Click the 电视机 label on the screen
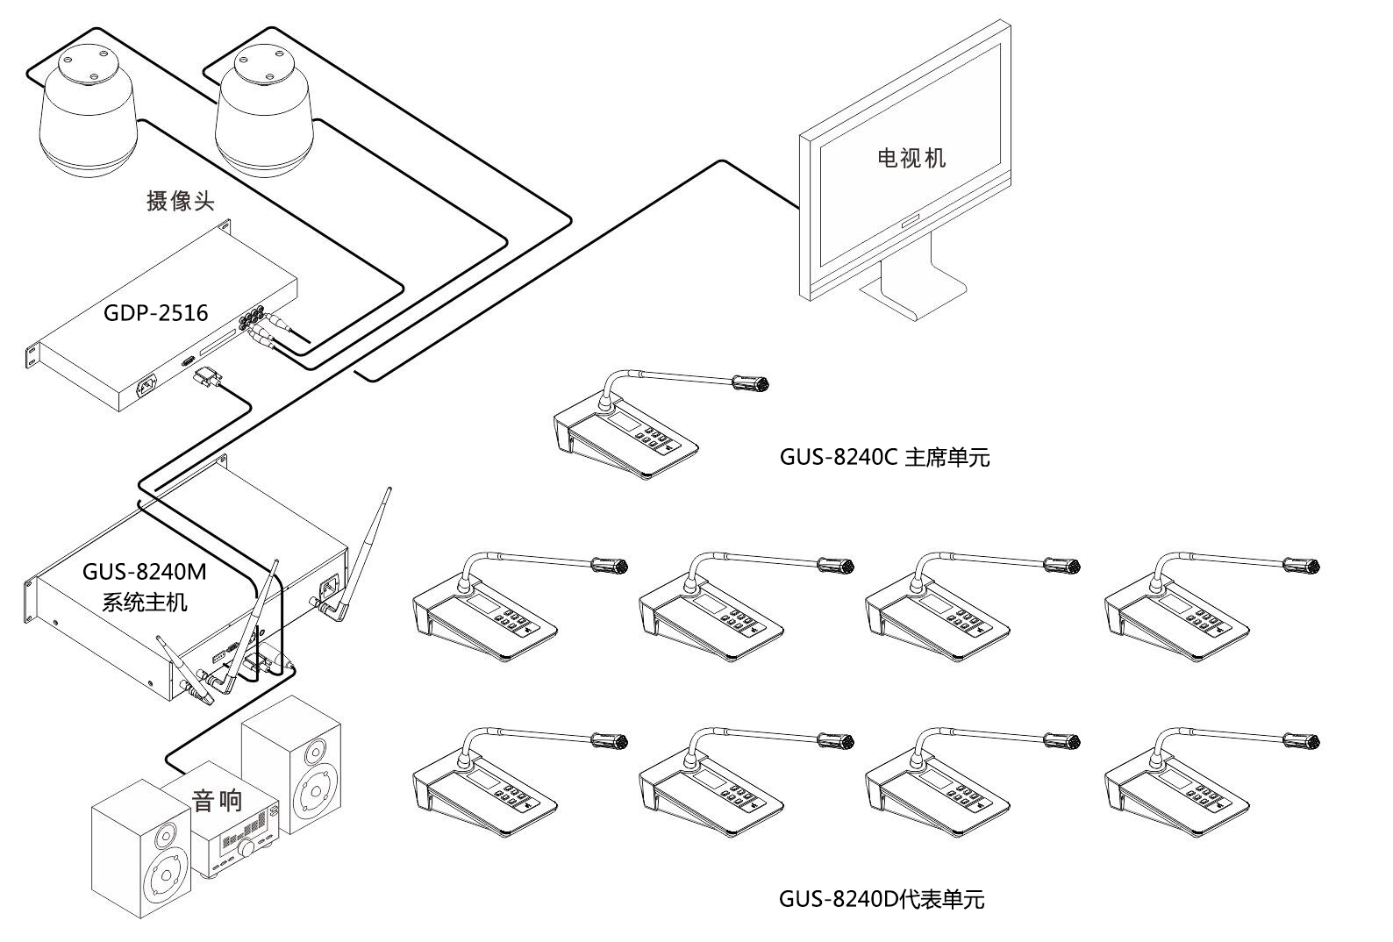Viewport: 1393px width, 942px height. point(911,158)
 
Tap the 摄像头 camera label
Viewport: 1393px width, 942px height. point(181,200)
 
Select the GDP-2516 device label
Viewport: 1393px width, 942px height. point(155,313)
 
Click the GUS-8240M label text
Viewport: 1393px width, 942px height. point(144,571)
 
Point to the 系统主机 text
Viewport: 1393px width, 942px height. point(144,602)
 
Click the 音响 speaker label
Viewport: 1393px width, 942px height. point(217,800)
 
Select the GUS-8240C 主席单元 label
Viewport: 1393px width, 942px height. point(884,457)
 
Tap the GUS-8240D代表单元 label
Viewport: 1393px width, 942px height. point(882,899)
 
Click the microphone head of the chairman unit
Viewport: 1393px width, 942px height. point(751,382)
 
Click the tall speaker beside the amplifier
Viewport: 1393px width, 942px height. point(291,764)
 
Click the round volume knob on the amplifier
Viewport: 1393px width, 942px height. point(247,847)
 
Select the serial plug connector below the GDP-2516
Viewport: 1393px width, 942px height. point(207,376)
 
